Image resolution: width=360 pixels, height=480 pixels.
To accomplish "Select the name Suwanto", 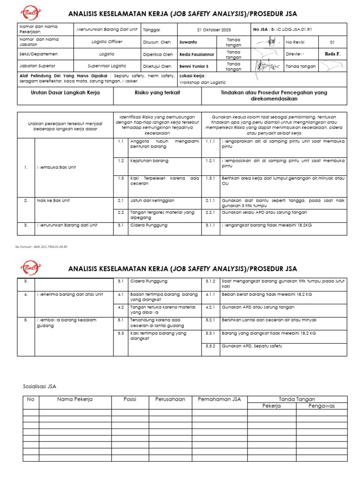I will pyautogui.click(x=188, y=42).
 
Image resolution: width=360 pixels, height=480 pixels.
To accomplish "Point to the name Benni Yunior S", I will pyautogui.click(x=194, y=67).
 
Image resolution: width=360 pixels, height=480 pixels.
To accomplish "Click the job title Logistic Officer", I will pyautogui.click(x=107, y=42).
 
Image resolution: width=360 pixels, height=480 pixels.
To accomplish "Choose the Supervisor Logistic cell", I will pyautogui.click(x=107, y=67).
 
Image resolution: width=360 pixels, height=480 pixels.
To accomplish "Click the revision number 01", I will pyautogui.click(x=332, y=42).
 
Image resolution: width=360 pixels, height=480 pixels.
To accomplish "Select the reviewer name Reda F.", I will pyautogui.click(x=332, y=54).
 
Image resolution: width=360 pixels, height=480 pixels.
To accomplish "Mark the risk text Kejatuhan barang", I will pyautogui.click(x=149, y=161).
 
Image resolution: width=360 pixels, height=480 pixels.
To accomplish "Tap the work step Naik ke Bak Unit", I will pyautogui.click(x=53, y=200).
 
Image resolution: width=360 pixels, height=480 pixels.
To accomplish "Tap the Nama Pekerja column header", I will pyautogui.click(x=75, y=399).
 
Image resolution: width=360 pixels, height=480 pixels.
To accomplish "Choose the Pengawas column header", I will pyautogui.click(x=322, y=406).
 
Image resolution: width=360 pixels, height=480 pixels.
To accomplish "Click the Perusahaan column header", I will pyautogui.click(x=170, y=399).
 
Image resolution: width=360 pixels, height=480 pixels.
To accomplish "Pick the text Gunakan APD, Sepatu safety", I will pyautogui.click(x=252, y=346).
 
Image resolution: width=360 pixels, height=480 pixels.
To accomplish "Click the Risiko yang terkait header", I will pyautogui.click(x=157, y=93).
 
